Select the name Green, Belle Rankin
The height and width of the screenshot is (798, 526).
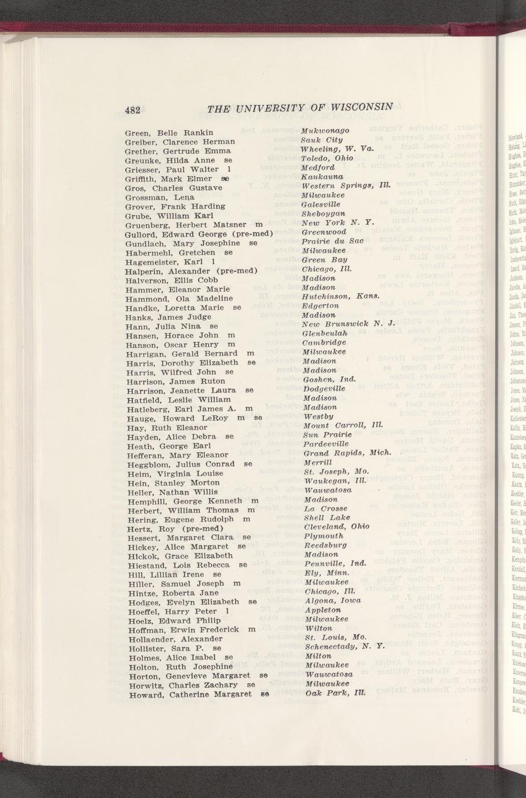tap(169, 132)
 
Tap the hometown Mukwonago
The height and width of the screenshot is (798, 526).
tap(325, 131)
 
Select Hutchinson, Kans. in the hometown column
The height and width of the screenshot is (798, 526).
tap(340, 296)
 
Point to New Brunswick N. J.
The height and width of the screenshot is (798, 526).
tap(348, 324)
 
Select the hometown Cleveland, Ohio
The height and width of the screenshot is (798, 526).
tap(336, 527)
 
